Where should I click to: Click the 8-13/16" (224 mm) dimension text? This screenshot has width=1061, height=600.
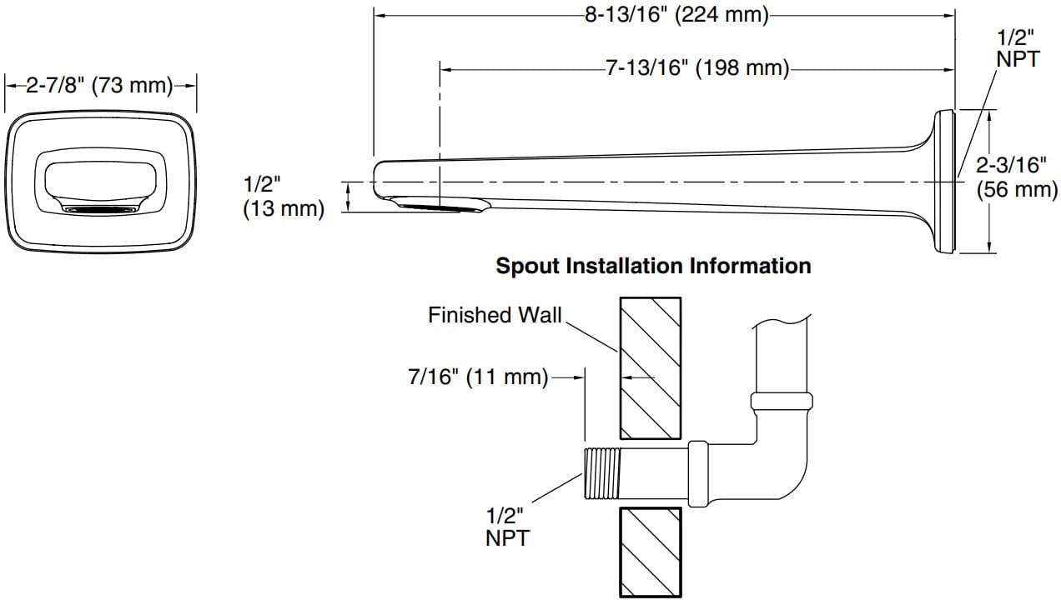(676, 15)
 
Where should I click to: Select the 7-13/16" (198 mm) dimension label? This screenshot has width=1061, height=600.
(696, 67)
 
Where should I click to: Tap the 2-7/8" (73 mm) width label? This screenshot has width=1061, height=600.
(100, 85)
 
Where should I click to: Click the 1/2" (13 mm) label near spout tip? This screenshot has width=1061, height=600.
(283, 197)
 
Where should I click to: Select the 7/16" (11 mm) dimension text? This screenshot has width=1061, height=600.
(477, 377)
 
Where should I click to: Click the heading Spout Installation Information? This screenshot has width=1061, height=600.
(653, 266)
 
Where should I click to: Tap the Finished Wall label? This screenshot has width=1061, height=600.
(495, 315)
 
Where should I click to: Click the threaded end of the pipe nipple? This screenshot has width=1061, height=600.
(601, 473)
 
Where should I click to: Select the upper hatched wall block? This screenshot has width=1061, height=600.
(650, 367)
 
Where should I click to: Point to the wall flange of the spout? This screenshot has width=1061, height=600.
(944, 181)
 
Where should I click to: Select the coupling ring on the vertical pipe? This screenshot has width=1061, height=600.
(781, 401)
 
